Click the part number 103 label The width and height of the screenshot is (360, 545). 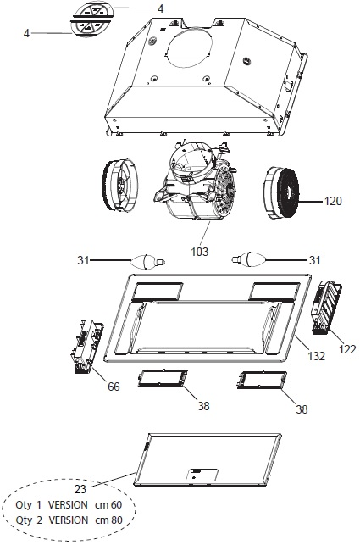(x=200, y=251)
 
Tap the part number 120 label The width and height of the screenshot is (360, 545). (x=333, y=201)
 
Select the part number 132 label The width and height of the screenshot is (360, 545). (x=316, y=356)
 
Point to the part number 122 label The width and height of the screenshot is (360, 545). (x=347, y=348)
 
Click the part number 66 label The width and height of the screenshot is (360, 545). (x=114, y=387)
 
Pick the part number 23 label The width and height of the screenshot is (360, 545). (x=80, y=489)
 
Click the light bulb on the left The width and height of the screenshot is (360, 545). (x=147, y=261)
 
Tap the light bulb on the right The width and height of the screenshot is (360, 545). (x=249, y=259)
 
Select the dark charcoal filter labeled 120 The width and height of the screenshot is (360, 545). (x=282, y=193)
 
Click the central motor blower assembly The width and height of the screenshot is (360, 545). (x=195, y=181)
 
